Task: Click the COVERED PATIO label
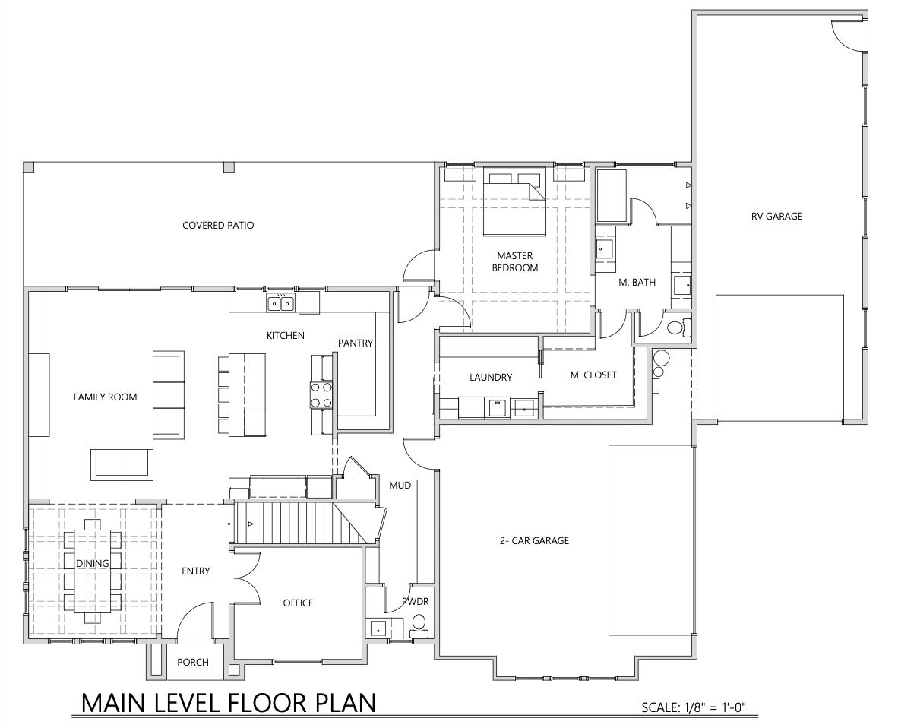218,225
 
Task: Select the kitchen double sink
280,303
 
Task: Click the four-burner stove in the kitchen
321,394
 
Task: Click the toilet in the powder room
419,625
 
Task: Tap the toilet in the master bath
677,328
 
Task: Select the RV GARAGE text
776,216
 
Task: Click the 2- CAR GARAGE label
534,541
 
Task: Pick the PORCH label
193,662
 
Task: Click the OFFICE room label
298,603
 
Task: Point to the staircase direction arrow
244,524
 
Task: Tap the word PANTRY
356,343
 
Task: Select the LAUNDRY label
491,377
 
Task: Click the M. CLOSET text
593,375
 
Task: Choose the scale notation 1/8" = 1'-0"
694,708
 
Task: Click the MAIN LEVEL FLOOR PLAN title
228,702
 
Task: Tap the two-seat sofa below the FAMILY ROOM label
122,464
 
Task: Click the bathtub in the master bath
612,197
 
